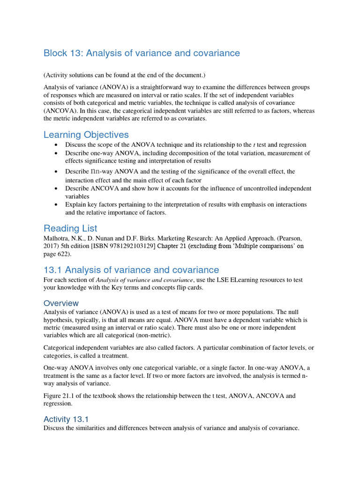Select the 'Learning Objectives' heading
[86, 135]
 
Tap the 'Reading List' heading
[70, 228]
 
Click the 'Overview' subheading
[61, 303]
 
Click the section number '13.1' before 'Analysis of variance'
[53, 270]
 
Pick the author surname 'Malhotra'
[57, 238]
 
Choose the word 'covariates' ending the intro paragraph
[191, 118]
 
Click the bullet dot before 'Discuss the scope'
[56, 145]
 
